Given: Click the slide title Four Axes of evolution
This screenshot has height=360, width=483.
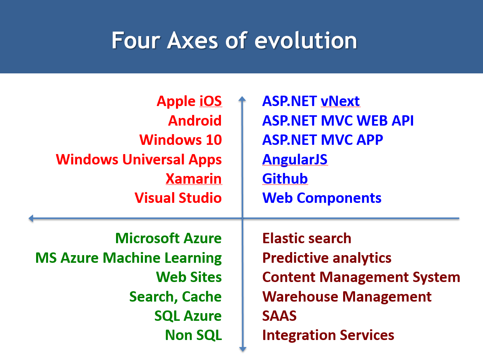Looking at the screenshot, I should click(234, 40).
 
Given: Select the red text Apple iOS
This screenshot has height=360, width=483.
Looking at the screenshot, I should click(189, 101).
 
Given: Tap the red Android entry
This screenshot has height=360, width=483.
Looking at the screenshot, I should click(195, 121).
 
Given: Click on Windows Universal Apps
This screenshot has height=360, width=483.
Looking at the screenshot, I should click(139, 159).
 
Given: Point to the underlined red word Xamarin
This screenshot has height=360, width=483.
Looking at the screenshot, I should click(194, 179).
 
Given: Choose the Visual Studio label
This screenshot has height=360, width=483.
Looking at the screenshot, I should click(178, 198).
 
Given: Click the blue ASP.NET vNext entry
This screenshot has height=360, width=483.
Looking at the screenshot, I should click(310, 101).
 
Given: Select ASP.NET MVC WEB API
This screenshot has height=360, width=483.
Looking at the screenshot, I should click(338, 121).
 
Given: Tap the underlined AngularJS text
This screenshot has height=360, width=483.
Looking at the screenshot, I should click(295, 159).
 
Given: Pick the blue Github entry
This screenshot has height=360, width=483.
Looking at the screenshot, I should click(285, 179).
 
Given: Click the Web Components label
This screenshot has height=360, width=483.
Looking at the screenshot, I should click(322, 198).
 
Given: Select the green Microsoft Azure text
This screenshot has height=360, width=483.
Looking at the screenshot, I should click(168, 238).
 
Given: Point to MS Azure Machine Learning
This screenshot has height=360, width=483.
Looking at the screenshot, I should click(128, 258).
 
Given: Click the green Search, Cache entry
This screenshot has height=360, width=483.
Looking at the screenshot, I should click(175, 297).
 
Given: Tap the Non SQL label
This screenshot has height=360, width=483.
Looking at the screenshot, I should click(193, 335).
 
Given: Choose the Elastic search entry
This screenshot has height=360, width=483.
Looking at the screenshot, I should click(307, 238).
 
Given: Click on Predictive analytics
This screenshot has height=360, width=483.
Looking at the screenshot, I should click(327, 258).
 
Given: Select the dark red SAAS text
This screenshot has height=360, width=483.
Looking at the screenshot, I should click(279, 316).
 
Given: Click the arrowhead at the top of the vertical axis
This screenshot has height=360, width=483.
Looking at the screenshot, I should click(242, 99).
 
